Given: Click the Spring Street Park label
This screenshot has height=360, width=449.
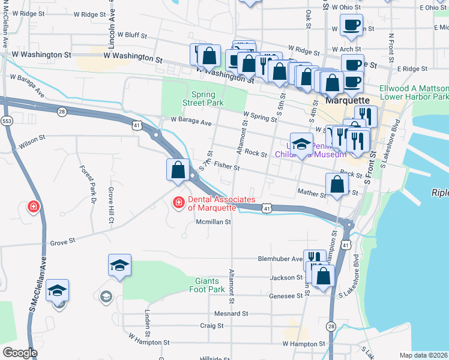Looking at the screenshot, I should coord(207,98).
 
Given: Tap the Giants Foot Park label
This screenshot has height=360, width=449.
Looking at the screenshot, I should coord(210,285).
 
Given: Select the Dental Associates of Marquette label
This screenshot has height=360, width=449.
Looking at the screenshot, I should coord(221,204).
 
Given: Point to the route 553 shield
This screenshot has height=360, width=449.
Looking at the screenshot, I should coord(7,121).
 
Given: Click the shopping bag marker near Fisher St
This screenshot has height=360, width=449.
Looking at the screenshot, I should coord(178,170).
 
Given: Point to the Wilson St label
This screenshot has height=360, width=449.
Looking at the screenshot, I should coord(32,139).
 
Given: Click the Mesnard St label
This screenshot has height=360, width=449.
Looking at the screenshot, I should coord(231,314).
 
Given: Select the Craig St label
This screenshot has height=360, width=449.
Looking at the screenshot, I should coord(212,325).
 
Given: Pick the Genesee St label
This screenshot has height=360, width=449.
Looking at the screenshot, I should coord(286,296).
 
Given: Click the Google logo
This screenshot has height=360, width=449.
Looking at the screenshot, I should coord(20,353).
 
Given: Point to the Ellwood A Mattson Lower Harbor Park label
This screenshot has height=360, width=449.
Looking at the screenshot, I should coord(414,92).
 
